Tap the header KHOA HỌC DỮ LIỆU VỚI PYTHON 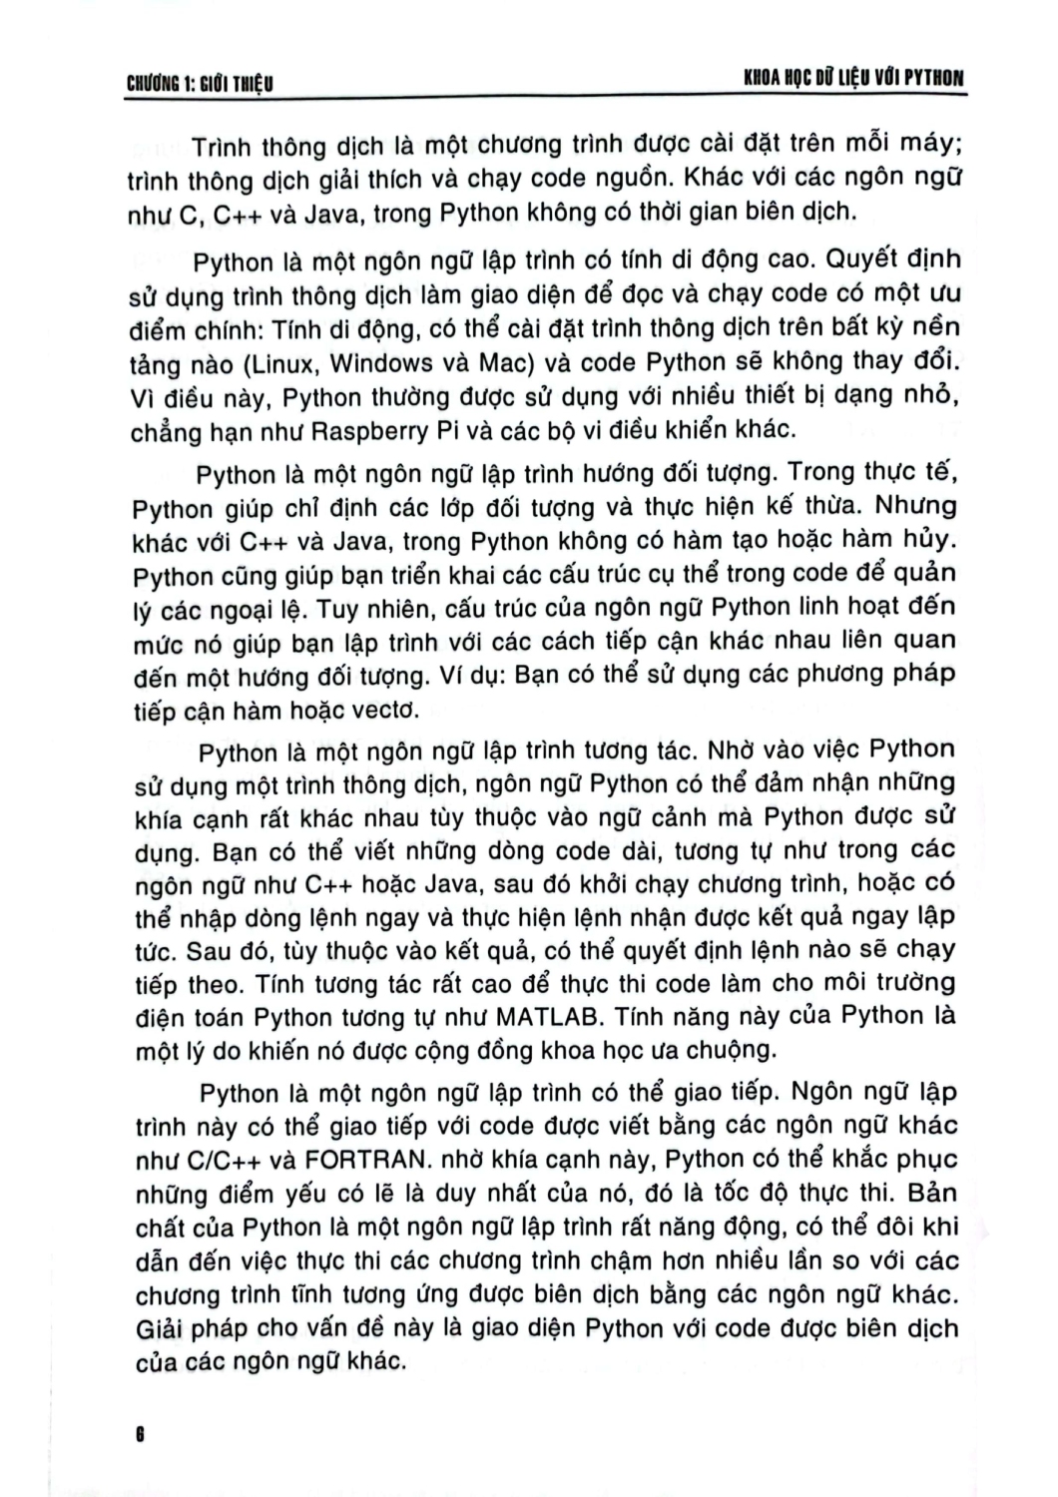(846, 78)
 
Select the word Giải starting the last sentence (162, 1330)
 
